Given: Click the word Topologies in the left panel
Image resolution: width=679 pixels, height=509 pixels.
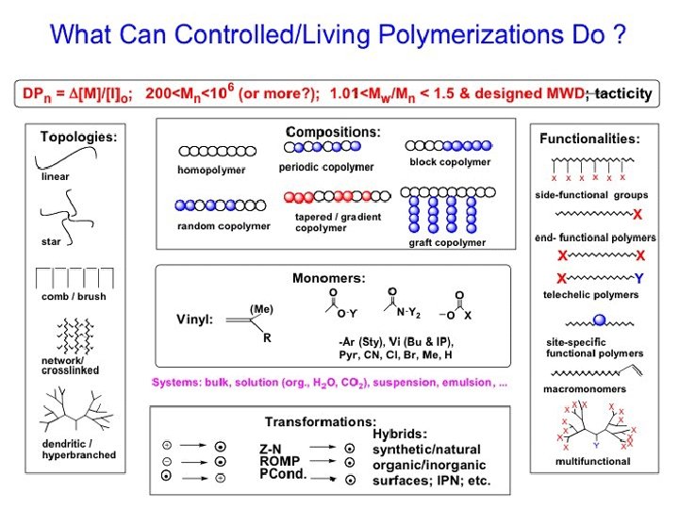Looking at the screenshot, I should pos(77,137).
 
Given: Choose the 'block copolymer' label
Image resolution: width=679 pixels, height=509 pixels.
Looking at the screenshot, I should pos(450,162).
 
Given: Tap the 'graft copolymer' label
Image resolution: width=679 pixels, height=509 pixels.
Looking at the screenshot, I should pos(447,242).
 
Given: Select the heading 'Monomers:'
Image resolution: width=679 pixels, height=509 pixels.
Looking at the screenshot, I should pos(328,278).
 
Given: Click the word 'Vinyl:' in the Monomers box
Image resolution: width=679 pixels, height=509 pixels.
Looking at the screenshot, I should pos(195,319).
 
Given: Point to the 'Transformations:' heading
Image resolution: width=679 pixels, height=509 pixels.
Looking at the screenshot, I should pos(320,420).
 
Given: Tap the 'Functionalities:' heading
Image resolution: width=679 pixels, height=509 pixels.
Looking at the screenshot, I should pos(589,139).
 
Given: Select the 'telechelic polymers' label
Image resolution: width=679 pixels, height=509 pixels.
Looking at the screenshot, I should pos(591,295).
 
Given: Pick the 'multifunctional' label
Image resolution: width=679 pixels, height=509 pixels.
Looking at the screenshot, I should pos(592,460).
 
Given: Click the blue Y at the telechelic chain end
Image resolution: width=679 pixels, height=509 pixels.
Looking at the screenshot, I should pos(638,278).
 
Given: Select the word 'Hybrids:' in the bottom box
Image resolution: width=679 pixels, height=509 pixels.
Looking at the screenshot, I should pos(401,433).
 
